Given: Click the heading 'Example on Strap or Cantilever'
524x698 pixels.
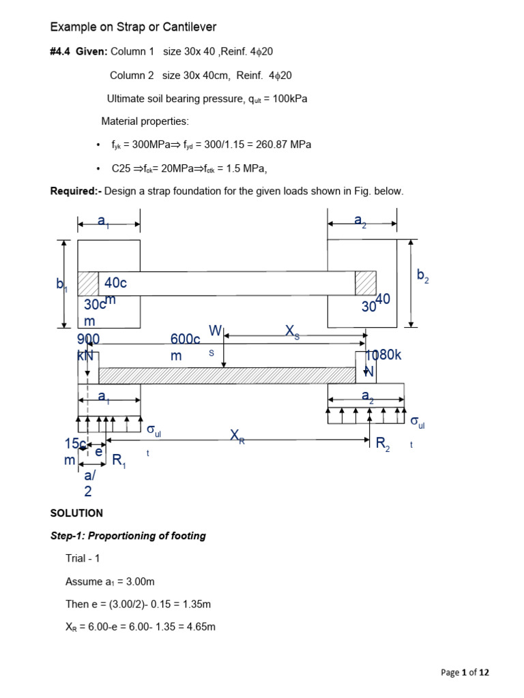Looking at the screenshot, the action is coord(133,27).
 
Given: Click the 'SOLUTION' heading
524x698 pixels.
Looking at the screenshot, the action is coord(76,513).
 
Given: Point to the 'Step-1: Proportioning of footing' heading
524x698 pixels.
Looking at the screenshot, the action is coord(128,536).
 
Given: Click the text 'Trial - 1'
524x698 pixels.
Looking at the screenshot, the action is coord(83,558).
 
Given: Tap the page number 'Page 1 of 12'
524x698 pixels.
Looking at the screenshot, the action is coord(465,673).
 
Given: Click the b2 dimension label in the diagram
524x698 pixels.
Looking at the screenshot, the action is coord(423,275).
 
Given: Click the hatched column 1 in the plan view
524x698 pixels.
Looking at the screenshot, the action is coord(88,284).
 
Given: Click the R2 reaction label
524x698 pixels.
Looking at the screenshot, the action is coord(384,444).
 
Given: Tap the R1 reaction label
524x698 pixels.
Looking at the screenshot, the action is coord(119,462).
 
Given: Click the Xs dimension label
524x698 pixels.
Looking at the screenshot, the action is coord(292,331).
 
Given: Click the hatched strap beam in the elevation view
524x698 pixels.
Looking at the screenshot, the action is coord(227,376).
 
